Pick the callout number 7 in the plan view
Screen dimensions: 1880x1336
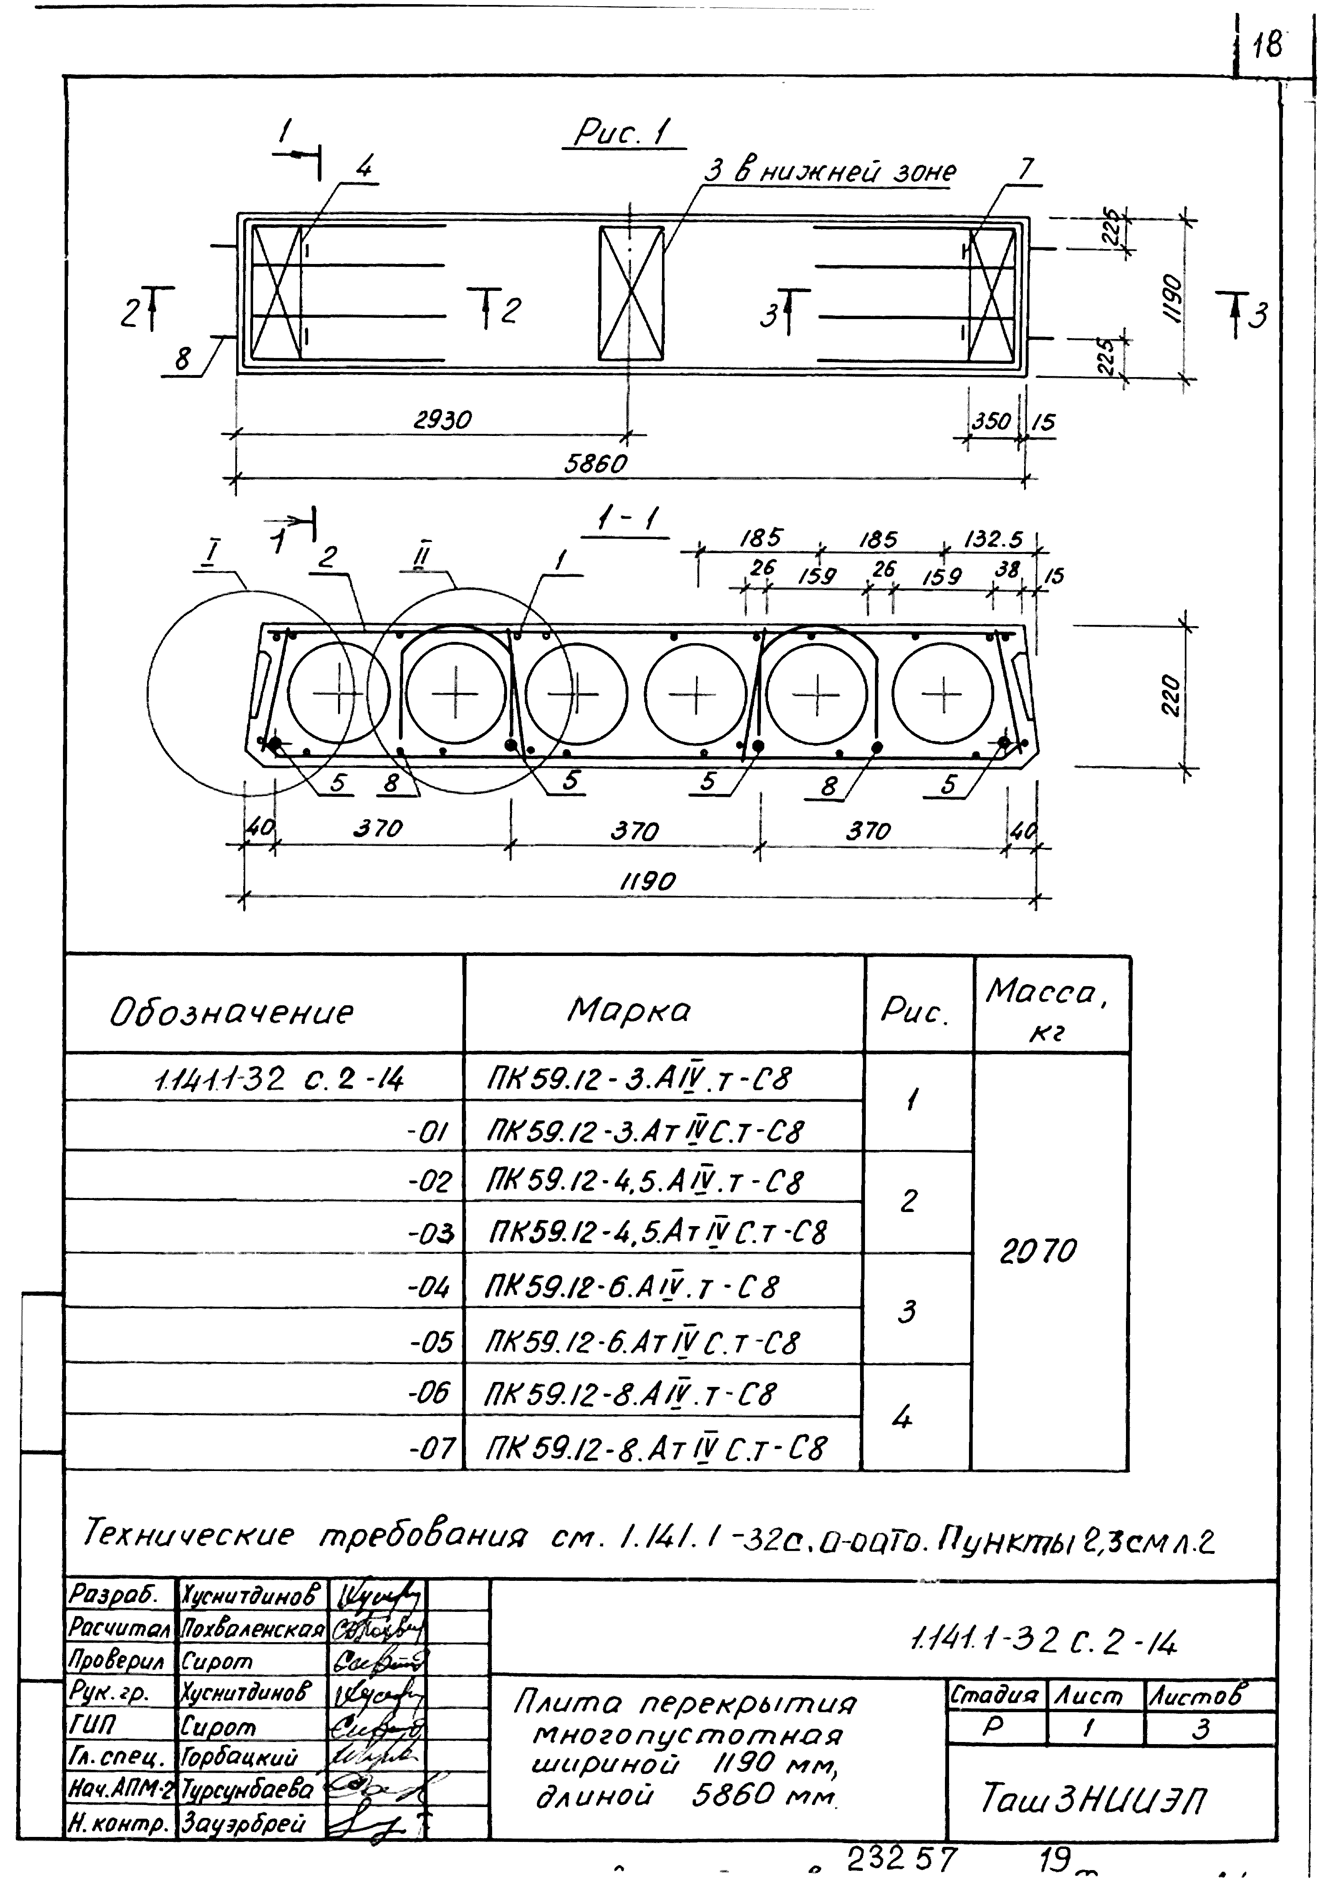(x=1024, y=169)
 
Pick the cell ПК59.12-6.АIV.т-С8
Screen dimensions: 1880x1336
(x=632, y=1287)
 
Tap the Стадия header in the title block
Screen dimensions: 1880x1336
(x=995, y=1696)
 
